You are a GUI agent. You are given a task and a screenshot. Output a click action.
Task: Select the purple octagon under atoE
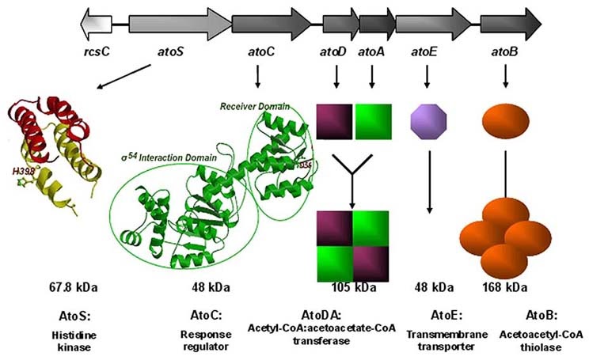pos(427,122)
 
